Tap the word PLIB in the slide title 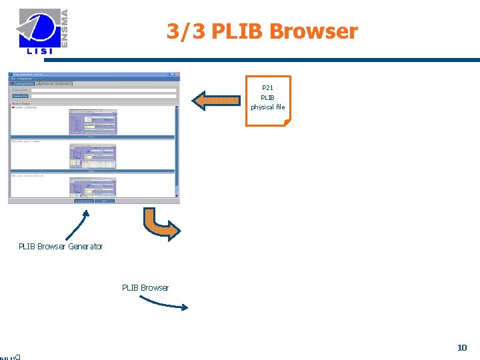click(237, 31)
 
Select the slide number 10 click(462, 347)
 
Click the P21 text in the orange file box click(267, 87)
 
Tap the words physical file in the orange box click(267, 107)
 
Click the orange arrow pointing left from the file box click(217, 101)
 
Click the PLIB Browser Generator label click(61, 247)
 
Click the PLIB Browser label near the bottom click(145, 288)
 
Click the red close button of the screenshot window click(177, 75)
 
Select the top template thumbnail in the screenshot click(93, 122)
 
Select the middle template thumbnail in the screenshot click(93, 156)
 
